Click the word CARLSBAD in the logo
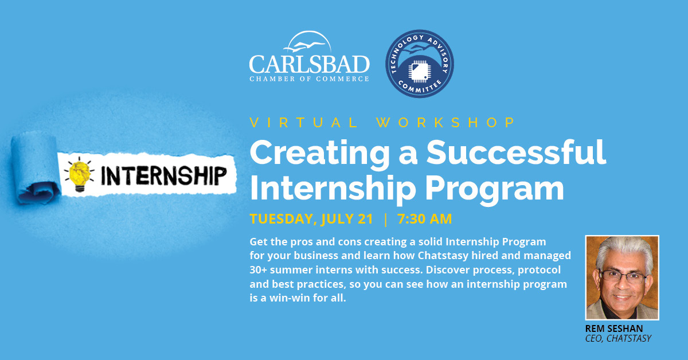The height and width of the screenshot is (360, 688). coord(309,64)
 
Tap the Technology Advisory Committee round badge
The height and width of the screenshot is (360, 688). coord(420,64)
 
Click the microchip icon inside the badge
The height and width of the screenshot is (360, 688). coord(419,71)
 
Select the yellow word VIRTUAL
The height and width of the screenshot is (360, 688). coord(303,123)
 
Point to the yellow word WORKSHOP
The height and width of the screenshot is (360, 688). coord(446,123)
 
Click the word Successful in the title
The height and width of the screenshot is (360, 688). coord(517,152)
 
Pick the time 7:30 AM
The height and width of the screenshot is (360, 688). coord(425,219)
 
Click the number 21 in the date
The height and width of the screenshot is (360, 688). coord(365,219)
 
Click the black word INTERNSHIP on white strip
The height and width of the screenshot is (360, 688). coord(164,175)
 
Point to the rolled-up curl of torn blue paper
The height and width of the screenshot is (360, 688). coord(36,169)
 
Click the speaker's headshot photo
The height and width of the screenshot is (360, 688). coord(622,277)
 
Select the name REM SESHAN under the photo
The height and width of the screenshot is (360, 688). coord(613,328)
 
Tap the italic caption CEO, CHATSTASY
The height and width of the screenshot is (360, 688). coord(618,338)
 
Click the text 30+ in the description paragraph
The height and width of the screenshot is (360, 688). coord(258,269)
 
